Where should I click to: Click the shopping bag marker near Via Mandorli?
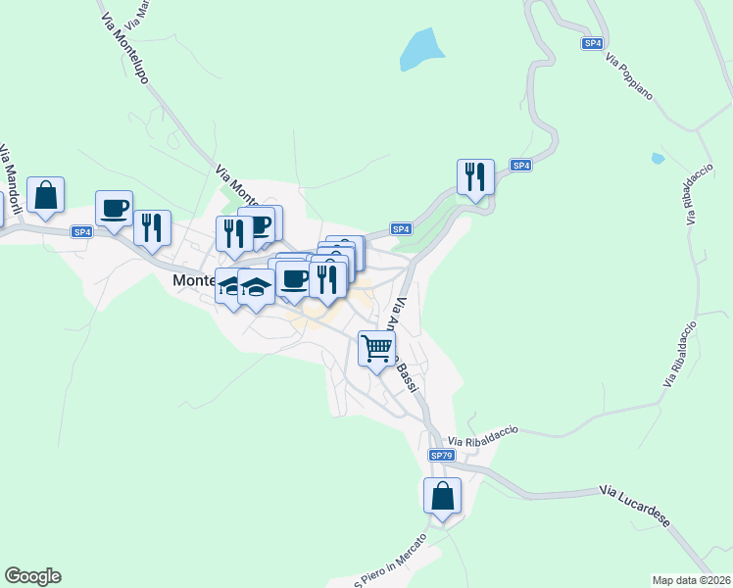tap(46, 195)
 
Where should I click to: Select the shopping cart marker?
tap(377, 349)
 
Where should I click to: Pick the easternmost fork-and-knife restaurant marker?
tap(475, 177)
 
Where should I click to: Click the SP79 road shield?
tap(442, 456)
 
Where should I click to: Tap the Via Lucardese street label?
tap(634, 505)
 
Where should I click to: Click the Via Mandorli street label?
tap(10, 181)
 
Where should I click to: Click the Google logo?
tap(32, 576)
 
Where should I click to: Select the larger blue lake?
tap(421, 48)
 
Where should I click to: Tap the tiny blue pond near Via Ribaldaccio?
tap(658, 158)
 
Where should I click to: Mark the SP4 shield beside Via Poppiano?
tap(592, 43)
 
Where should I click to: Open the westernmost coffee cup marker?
tap(115, 209)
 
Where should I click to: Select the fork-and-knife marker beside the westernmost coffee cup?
tap(152, 228)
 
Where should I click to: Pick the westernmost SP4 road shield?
tap(81, 232)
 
